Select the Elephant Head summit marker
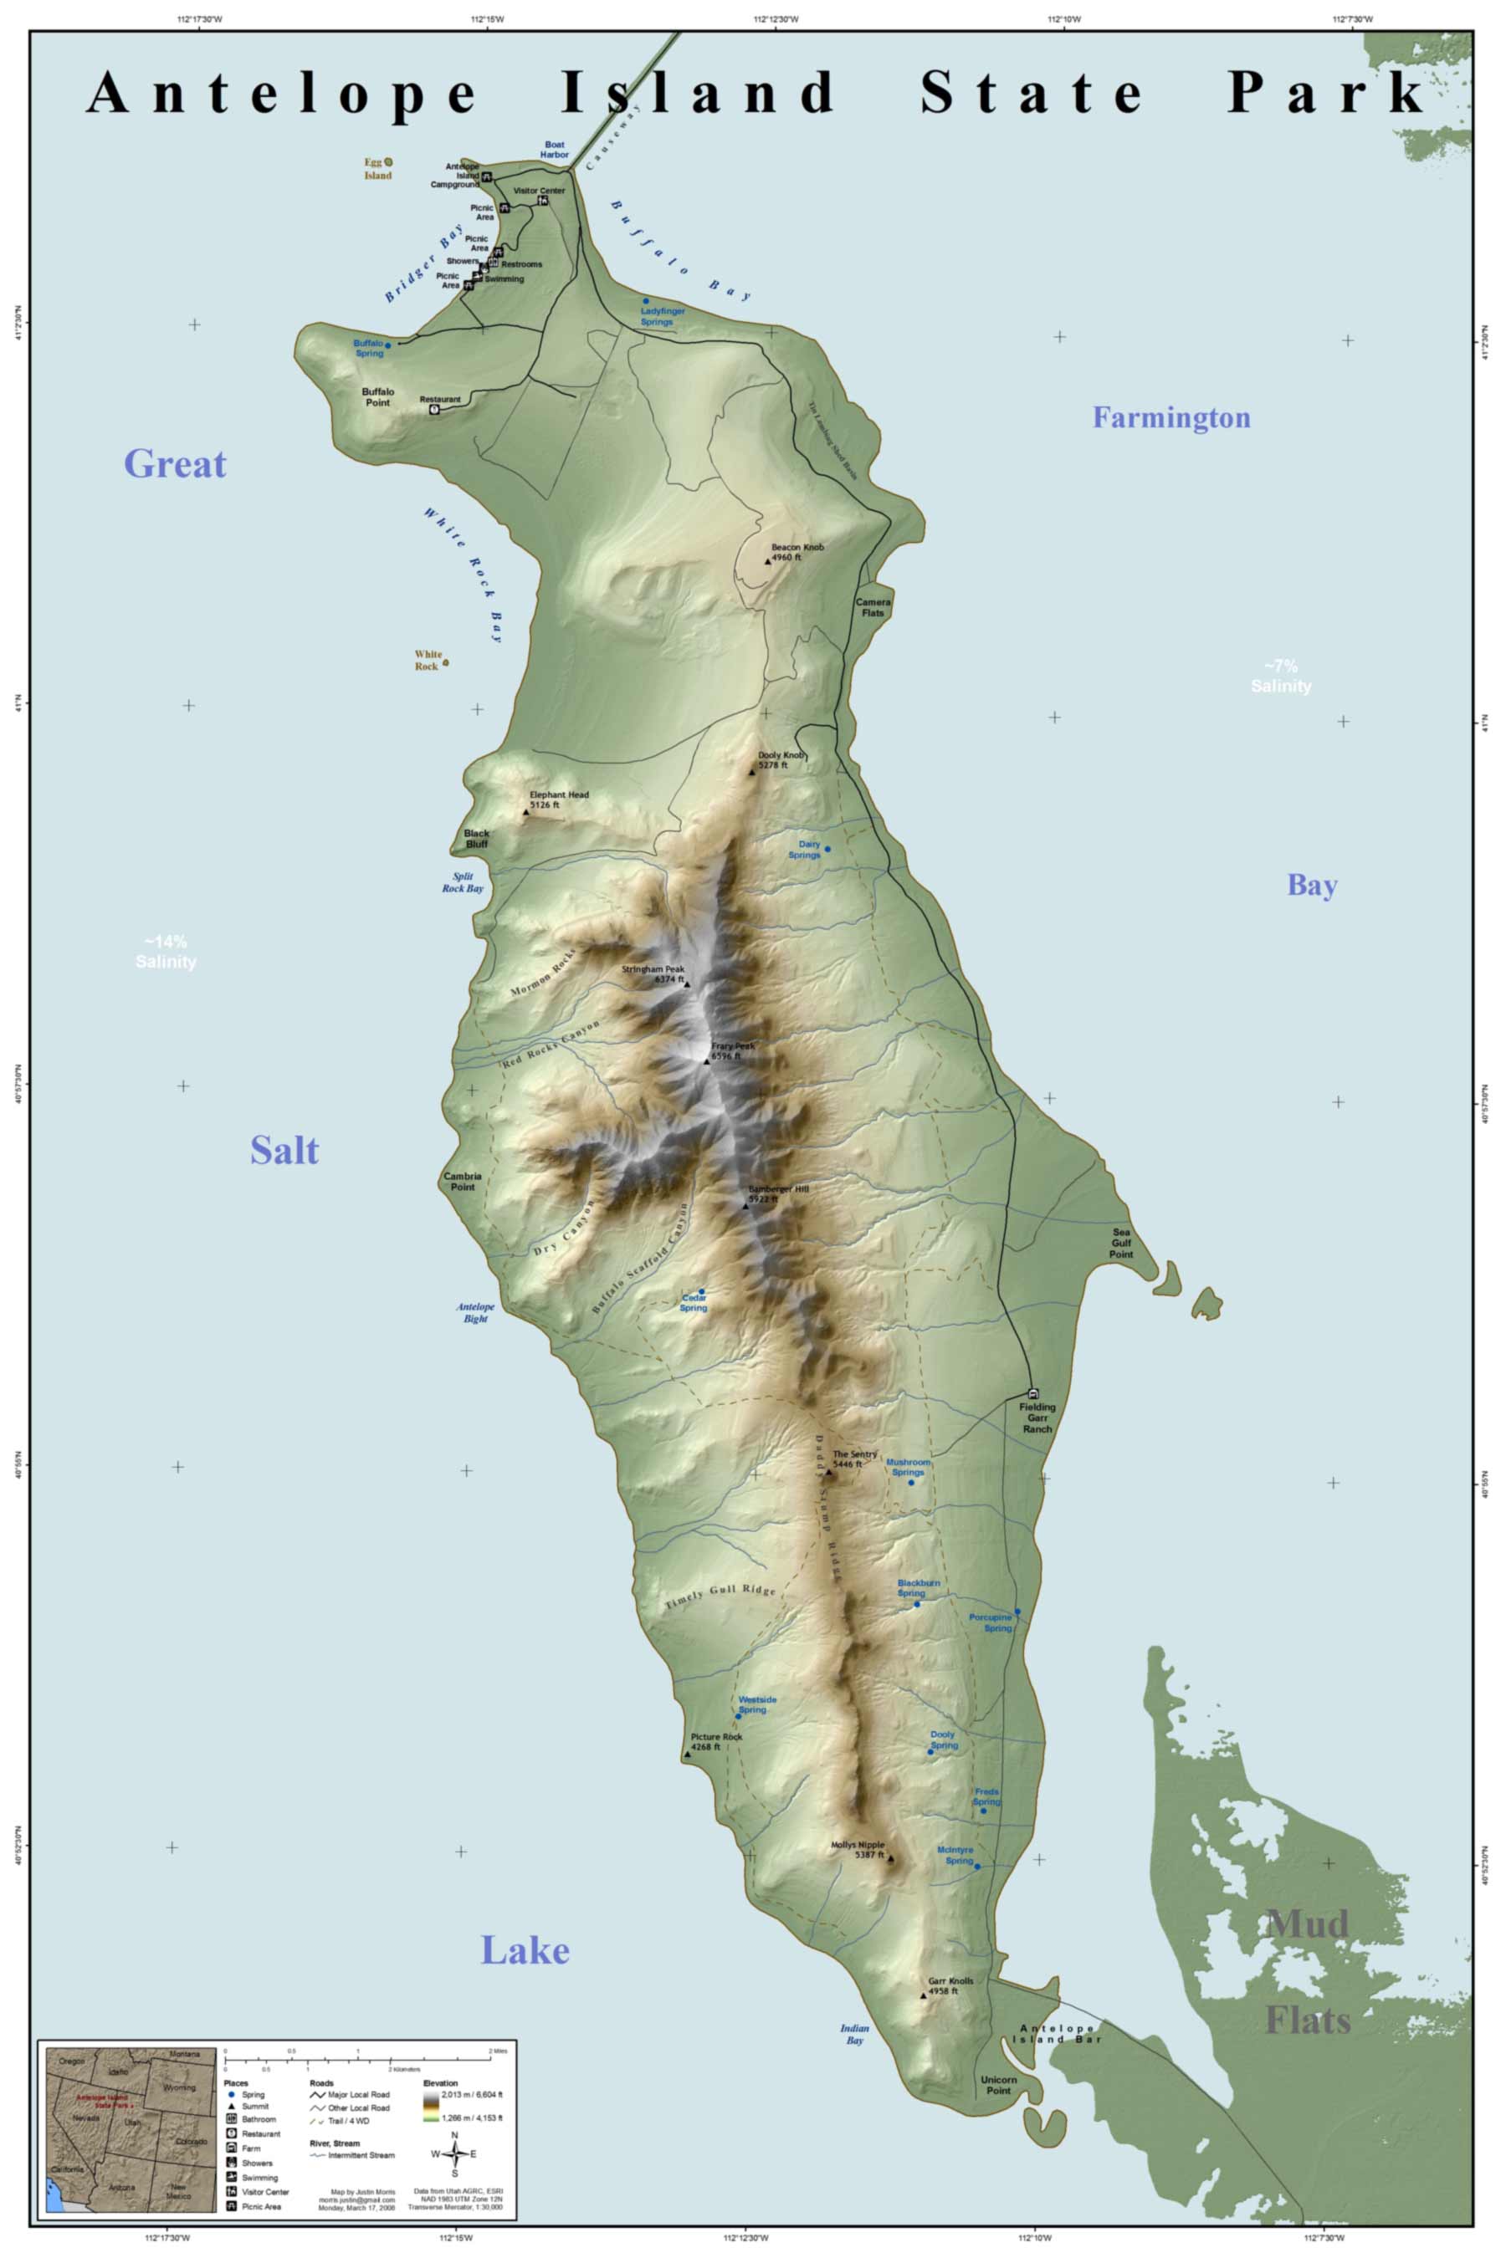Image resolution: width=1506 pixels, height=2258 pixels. (x=525, y=812)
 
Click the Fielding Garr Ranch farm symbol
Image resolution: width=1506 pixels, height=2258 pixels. (x=1033, y=1392)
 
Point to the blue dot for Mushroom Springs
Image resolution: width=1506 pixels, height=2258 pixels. (x=911, y=1482)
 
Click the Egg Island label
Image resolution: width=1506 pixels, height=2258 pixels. (x=376, y=169)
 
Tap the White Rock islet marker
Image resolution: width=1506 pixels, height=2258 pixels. (x=445, y=662)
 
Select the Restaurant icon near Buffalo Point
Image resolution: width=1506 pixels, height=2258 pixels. (x=434, y=408)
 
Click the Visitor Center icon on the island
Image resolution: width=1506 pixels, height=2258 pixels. (x=544, y=201)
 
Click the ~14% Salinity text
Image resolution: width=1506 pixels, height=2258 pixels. (x=165, y=952)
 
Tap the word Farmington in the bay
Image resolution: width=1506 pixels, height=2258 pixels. (x=1170, y=417)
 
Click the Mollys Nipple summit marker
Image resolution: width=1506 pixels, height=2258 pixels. (x=890, y=1857)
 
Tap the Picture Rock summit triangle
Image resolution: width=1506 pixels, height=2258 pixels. (x=687, y=1755)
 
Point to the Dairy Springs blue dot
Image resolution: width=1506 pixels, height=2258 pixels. (x=827, y=849)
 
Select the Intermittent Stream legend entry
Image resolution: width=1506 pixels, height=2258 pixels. (x=353, y=2155)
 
